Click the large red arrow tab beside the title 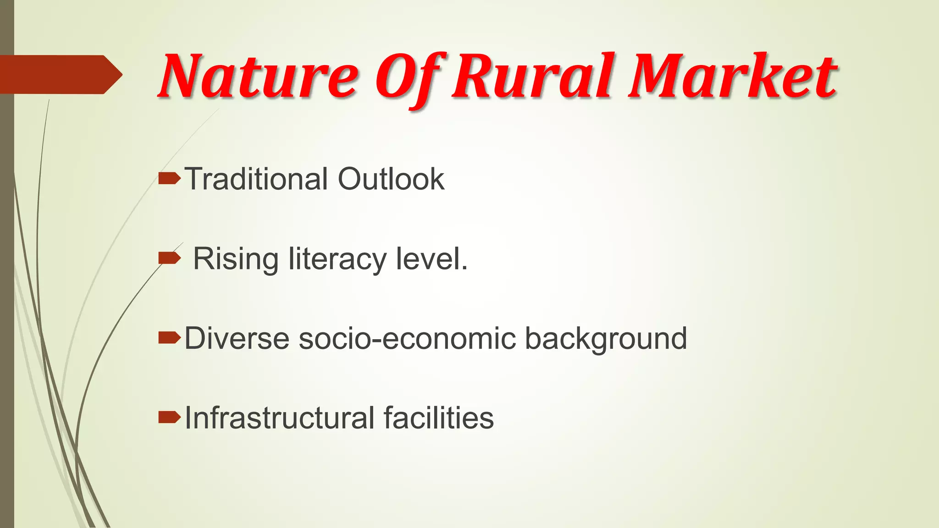[60, 75]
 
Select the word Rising [235, 259]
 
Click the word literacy [337, 260]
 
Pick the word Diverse [237, 339]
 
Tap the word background [606, 340]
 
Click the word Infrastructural [280, 418]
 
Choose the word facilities [439, 418]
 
